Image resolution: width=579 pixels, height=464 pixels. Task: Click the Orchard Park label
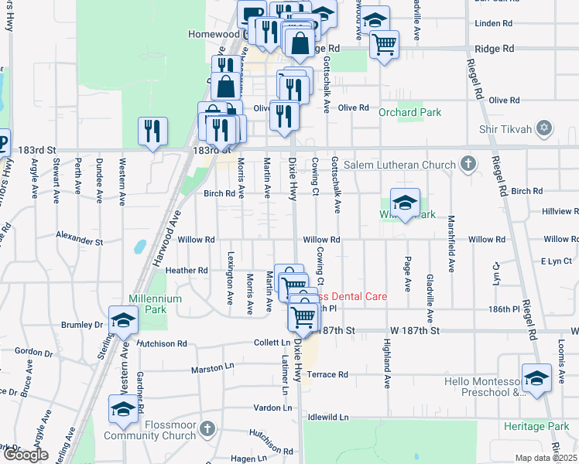point(409,113)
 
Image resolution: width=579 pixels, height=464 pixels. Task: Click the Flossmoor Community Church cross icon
point(207,428)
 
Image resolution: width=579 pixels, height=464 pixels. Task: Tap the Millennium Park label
point(156,304)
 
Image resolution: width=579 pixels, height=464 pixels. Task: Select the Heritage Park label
point(536,426)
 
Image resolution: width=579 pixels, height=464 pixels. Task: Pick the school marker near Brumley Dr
point(122,320)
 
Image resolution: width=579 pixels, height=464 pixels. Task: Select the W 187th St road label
point(415,330)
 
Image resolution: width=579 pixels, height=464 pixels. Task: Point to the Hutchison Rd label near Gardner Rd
point(163,343)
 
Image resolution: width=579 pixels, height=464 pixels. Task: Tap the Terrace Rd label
point(327,374)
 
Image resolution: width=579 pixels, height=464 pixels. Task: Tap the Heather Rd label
point(187,271)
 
